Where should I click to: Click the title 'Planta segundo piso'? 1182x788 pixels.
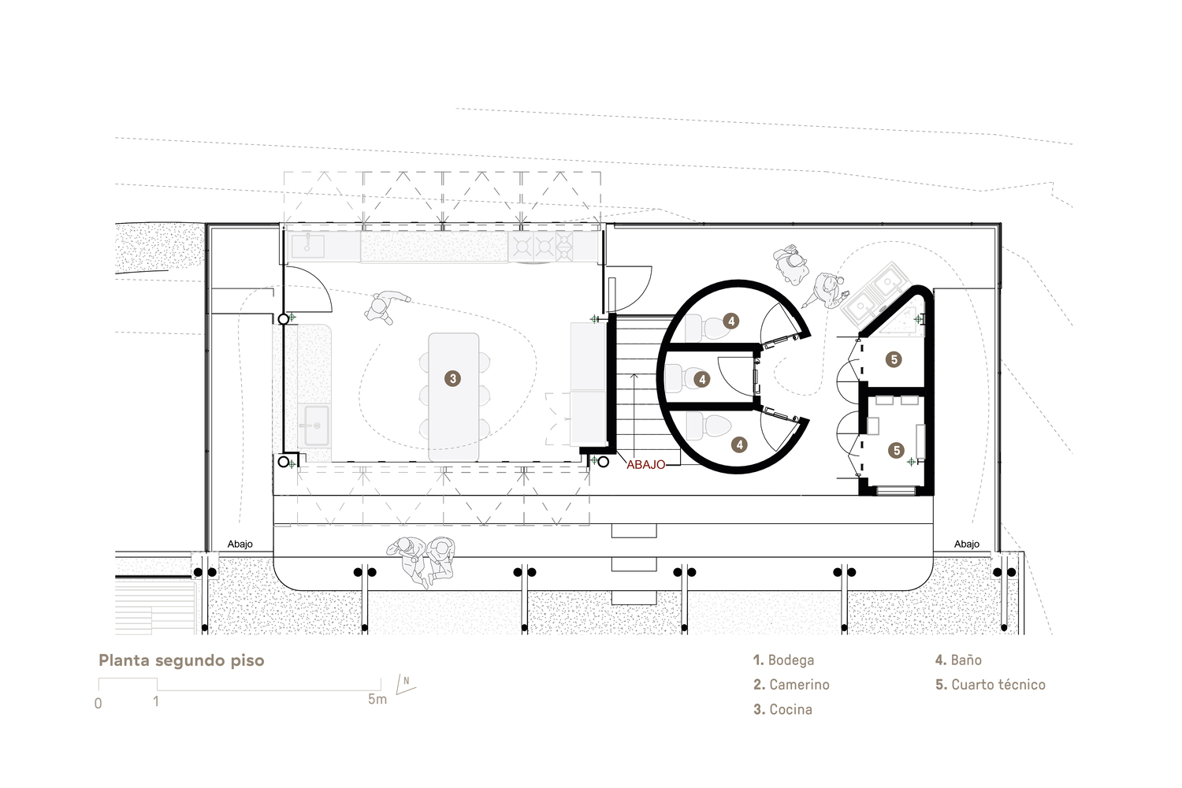pos(181,661)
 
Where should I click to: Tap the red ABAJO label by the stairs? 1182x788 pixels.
pos(646,465)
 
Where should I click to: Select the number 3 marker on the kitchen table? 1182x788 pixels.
pos(453,378)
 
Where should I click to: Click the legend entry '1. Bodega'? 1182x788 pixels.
pos(783,660)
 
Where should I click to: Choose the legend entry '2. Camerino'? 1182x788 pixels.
pos(791,685)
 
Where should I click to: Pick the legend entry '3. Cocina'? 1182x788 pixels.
pos(783,709)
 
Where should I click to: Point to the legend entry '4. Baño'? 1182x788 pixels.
pos(959,660)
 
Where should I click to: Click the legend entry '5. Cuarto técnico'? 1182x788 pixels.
pos(991,685)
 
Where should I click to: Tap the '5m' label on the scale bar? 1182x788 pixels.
pos(377,699)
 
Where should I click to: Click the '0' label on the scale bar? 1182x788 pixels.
pos(98,704)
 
